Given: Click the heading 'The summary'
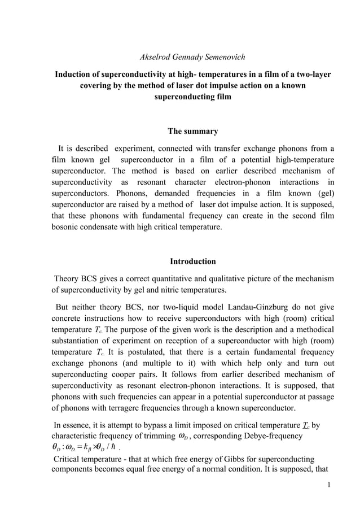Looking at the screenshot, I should tap(193, 132).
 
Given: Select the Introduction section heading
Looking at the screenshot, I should tap(193, 261).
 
